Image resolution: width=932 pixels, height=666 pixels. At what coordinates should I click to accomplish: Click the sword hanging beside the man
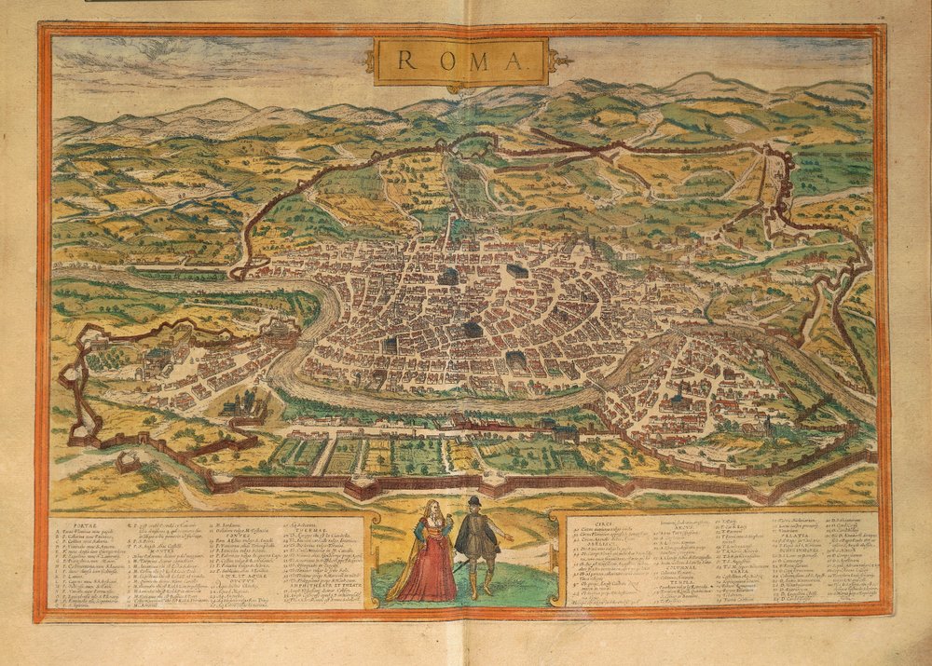tap(459, 564)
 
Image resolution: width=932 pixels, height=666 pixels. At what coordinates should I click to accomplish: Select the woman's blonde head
tap(432, 510)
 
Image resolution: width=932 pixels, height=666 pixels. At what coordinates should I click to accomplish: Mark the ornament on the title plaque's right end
tap(560, 62)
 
